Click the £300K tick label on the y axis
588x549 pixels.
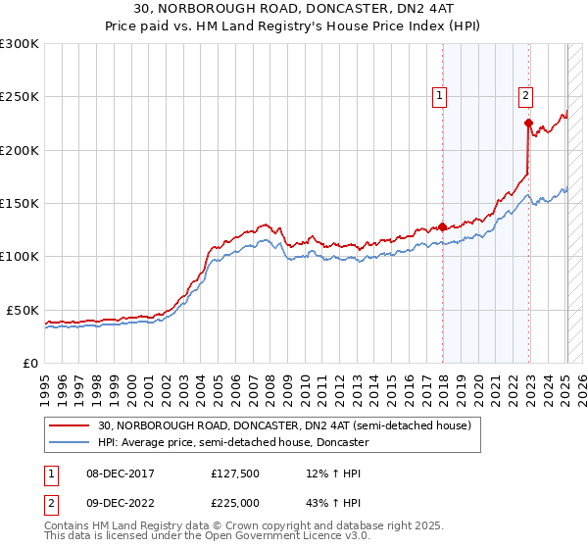tap(20, 44)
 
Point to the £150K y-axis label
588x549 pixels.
tap(20, 204)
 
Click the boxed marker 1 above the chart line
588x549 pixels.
tap(439, 96)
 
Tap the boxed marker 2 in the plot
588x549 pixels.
tap(526, 96)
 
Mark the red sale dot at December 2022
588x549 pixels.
tap(528, 124)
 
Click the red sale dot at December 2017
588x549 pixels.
tap(442, 226)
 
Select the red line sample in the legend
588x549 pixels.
tap(70, 425)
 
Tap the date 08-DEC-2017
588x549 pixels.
tap(110, 474)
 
